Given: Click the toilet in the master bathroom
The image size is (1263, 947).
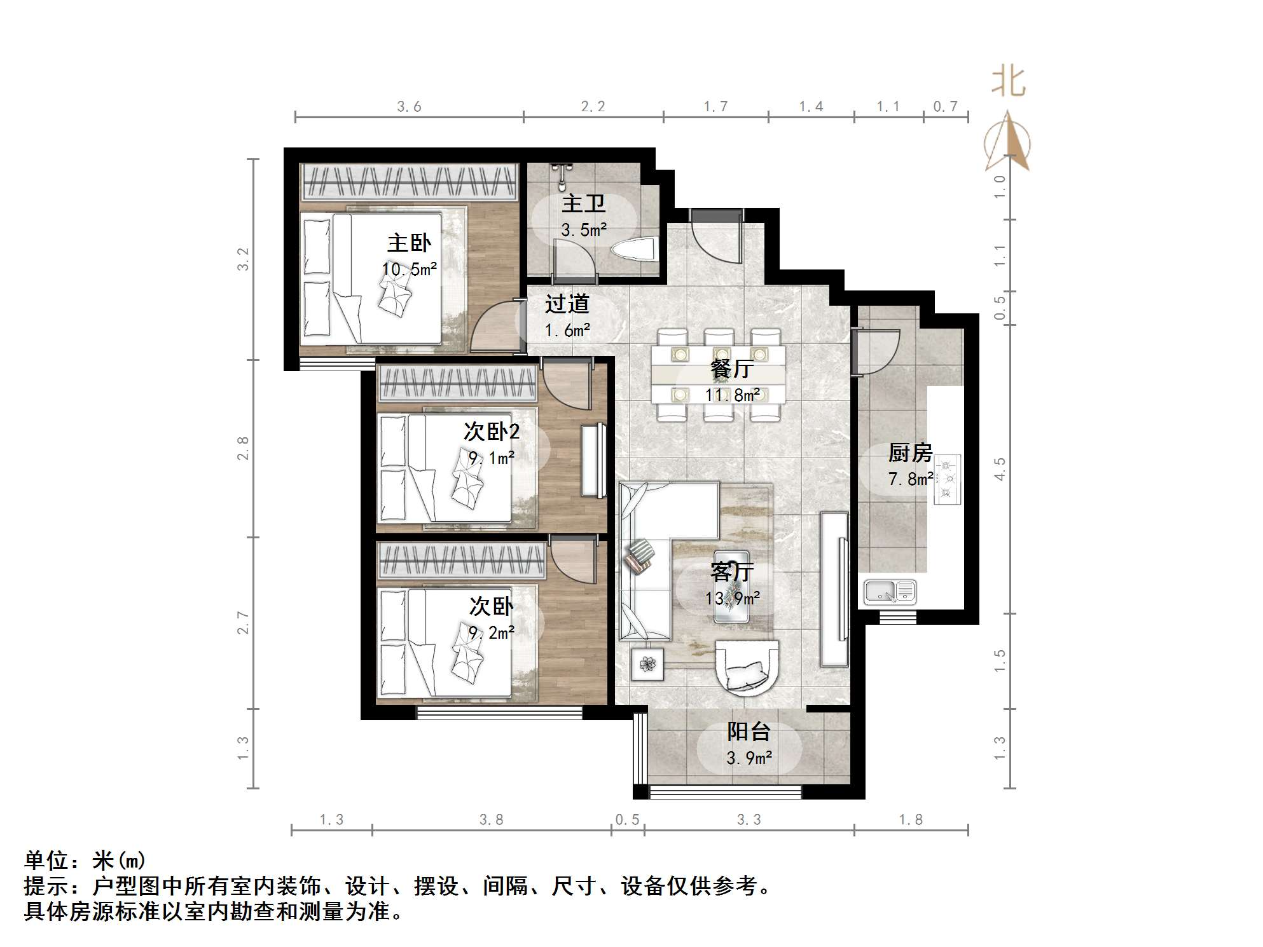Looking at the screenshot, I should (634, 249).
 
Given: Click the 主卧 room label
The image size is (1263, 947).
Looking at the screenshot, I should (409, 243).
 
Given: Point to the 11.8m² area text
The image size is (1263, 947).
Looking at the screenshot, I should (733, 395).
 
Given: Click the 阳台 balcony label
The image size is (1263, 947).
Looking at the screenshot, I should (749, 732).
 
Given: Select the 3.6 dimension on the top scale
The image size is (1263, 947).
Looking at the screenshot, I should (409, 107).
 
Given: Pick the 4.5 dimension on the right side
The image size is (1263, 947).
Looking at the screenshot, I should (1000, 469).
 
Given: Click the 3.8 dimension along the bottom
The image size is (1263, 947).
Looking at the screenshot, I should (491, 820).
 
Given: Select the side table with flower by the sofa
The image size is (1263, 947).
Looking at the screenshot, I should (648, 664).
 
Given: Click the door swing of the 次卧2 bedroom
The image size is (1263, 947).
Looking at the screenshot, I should (566, 385).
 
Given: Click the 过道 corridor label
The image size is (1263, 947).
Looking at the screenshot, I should (567, 304).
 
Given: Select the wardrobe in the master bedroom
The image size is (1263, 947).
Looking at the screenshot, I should (409, 182).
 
